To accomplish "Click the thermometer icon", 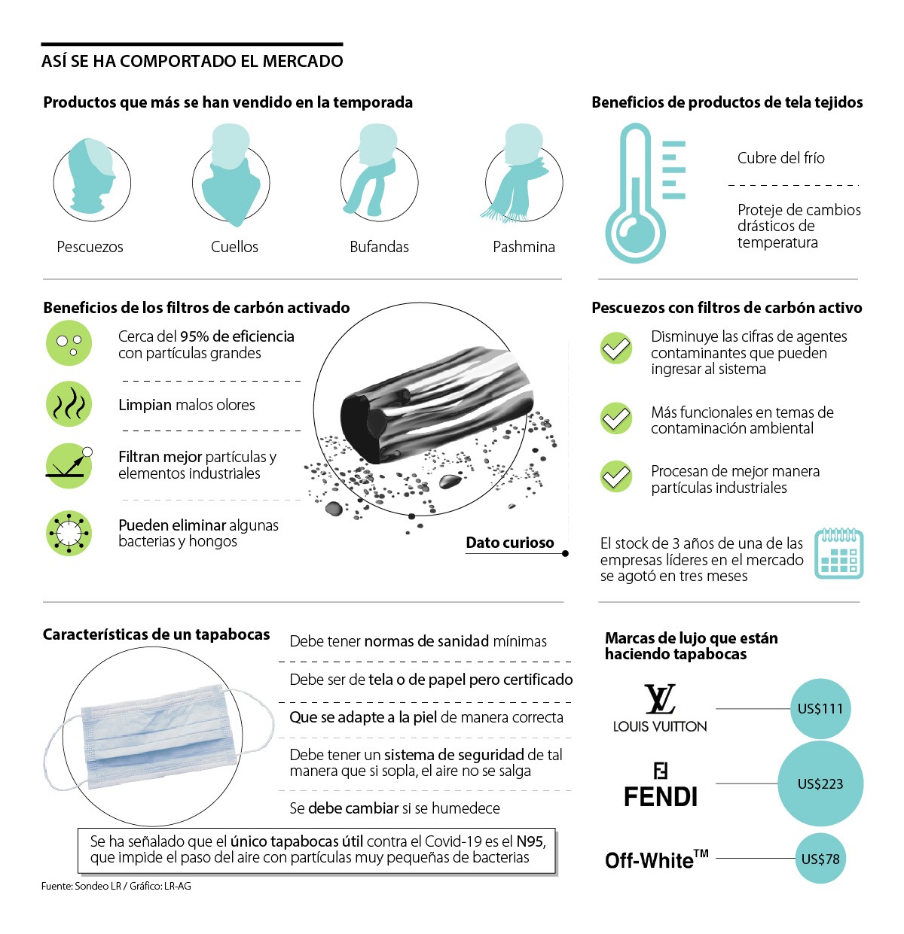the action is [635, 192].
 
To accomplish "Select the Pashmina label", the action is [524, 247].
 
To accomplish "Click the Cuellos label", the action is [234, 247].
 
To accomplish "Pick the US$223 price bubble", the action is [820, 783].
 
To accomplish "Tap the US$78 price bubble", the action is [820, 859].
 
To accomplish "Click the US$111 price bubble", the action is [820, 708].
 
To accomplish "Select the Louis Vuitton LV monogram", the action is [659, 699].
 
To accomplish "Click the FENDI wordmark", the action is [660, 797].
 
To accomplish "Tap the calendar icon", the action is [838, 553].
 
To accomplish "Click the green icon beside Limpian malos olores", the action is [69, 404].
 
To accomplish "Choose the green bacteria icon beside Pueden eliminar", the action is [69, 533].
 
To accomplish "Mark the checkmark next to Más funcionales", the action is [615, 418].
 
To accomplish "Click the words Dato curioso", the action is [510, 543].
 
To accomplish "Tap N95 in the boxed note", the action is [530, 841].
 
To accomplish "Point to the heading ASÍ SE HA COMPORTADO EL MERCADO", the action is [192, 61].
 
